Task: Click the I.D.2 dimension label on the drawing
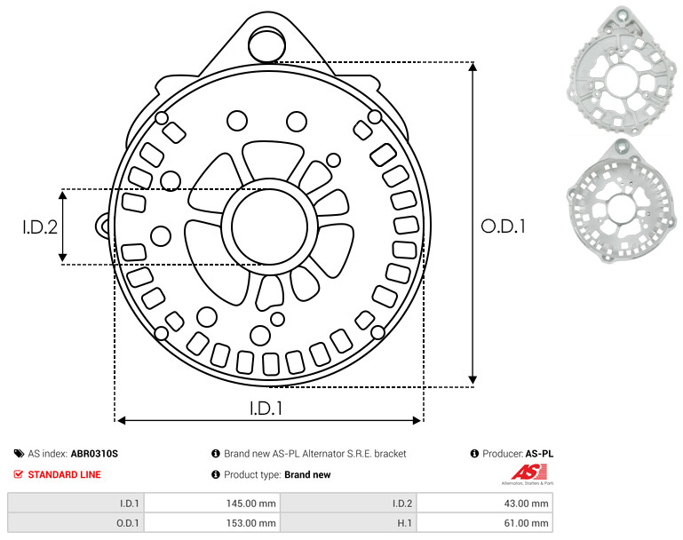40,227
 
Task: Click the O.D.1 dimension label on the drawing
503,226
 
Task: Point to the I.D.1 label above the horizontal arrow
266,409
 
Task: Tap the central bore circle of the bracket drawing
270,226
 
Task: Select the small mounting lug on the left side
103,226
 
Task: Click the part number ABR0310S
94,454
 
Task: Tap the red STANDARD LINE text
65,474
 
